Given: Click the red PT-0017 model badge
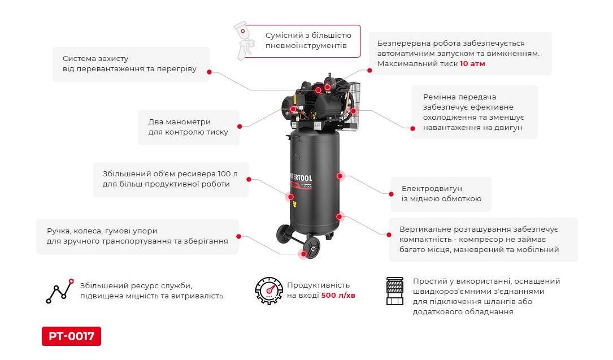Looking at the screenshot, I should (x=71, y=337).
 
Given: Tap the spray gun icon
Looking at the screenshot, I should (x=244, y=40).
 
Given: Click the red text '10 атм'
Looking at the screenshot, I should (x=472, y=64).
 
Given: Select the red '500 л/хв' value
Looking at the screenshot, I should (x=338, y=296).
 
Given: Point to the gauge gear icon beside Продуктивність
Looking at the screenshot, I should (x=268, y=290).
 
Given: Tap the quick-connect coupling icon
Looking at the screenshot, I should (x=395, y=292).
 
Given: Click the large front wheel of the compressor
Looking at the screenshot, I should (x=310, y=248).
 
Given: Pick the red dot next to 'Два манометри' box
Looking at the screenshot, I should (x=240, y=127).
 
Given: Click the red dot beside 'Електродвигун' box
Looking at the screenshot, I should (x=390, y=194).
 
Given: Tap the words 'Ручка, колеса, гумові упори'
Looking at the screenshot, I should (x=102, y=231).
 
